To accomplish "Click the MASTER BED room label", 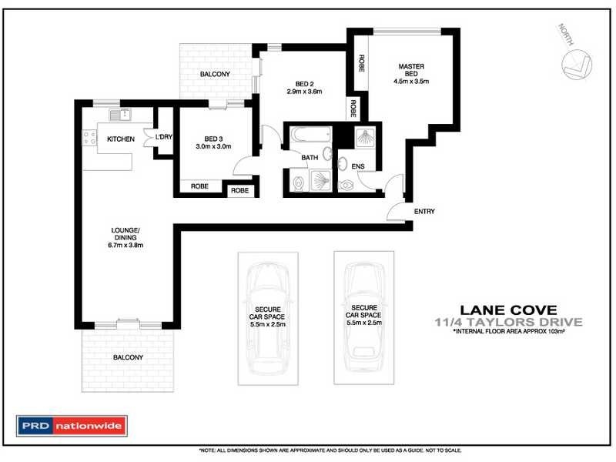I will tap(410, 72).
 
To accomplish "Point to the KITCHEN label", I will tap(121, 139).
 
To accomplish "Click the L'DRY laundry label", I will tap(163, 137).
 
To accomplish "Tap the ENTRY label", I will tap(424, 212).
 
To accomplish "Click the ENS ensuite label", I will tap(357, 166).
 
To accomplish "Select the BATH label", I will tap(310, 158).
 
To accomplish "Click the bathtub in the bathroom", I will tap(309, 140).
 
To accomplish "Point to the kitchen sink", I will tap(120, 115).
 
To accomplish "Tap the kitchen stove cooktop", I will tap(89, 139).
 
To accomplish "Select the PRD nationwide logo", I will tap(73, 425).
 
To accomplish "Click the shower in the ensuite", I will tap(363, 139).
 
